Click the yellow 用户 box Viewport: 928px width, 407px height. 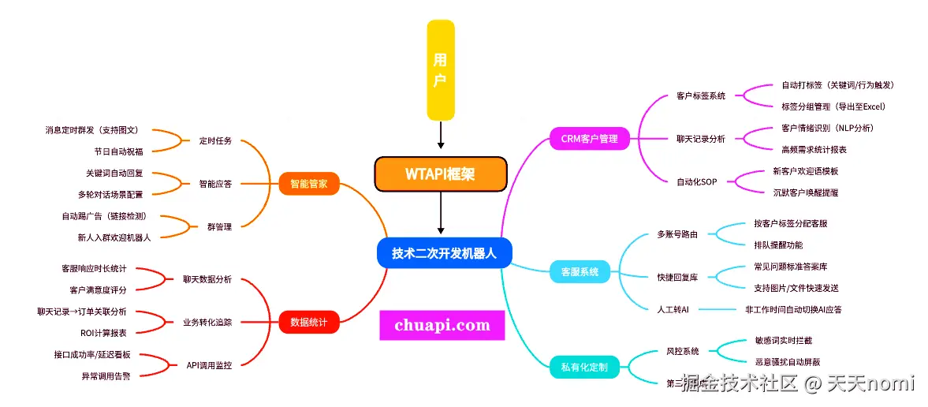point(441,69)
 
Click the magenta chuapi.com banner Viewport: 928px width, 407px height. point(442,325)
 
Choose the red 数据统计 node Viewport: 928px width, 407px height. point(309,322)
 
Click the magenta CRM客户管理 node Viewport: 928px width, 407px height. point(590,140)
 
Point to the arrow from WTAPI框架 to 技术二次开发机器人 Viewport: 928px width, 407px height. point(441,214)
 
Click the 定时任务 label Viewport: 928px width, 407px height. point(215,141)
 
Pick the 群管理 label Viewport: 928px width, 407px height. point(218,227)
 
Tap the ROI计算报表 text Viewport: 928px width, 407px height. point(103,333)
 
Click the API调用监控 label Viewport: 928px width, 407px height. point(209,365)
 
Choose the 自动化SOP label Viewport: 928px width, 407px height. point(696,182)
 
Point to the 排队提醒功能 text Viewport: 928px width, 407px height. point(778,245)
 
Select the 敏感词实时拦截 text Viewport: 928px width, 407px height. point(783,340)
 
